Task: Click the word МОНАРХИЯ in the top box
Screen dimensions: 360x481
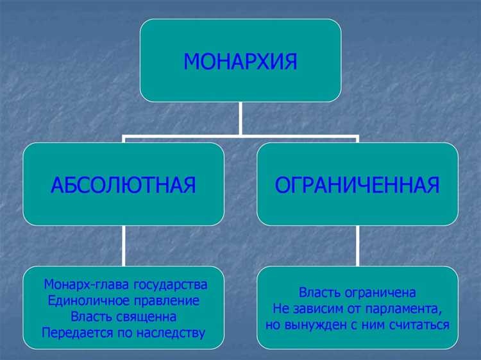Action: point(240,62)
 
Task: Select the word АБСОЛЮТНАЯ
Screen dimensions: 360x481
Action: point(123,185)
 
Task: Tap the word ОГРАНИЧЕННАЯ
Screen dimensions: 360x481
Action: point(357,185)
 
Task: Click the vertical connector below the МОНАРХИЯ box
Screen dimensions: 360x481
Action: point(240,119)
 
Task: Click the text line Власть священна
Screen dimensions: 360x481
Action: point(123,317)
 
